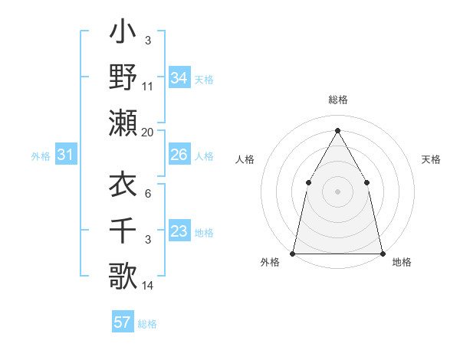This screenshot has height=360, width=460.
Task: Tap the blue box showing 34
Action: tap(179, 77)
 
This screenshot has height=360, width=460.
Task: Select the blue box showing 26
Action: tap(179, 155)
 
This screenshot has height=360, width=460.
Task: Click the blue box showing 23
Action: tap(179, 231)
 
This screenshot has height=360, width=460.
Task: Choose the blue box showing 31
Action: tap(66, 155)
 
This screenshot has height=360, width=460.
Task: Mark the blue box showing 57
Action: tap(123, 322)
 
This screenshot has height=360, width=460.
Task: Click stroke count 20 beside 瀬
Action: tap(147, 133)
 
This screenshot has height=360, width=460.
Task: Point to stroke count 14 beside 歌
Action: tap(147, 286)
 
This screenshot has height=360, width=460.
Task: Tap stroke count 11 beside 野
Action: tap(147, 88)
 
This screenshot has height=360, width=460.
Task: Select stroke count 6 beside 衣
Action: tap(147, 193)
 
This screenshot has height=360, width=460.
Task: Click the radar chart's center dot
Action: tap(337, 191)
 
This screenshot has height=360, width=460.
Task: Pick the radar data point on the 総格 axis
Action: tap(337, 130)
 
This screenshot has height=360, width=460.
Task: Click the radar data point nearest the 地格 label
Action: tap(382, 253)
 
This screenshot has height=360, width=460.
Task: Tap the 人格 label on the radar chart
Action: tap(245, 159)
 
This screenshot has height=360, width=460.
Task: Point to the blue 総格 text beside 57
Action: tap(147, 324)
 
